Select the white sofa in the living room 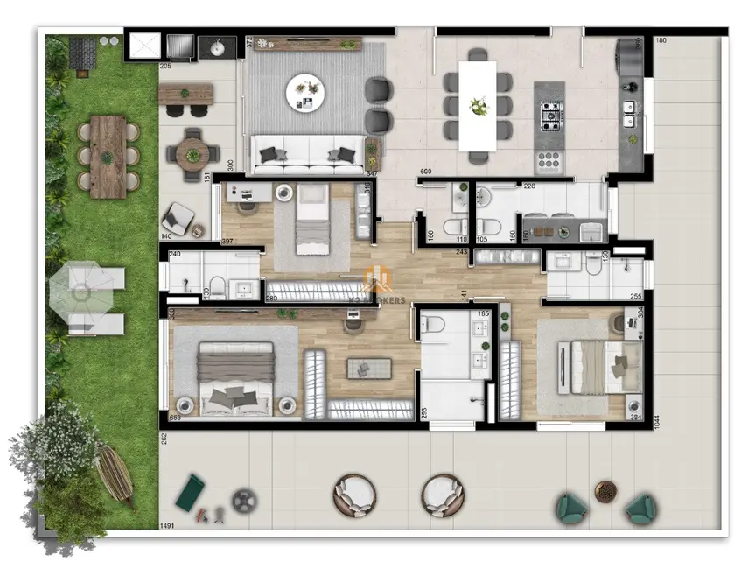point(308,156)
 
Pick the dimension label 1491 point(166,526)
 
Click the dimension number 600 point(427,172)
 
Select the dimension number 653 point(175,418)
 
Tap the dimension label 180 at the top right point(661,40)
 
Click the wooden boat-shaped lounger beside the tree point(115,473)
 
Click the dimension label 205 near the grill point(166,66)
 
